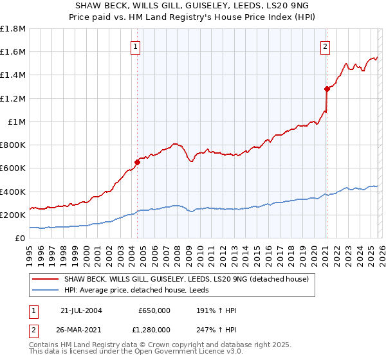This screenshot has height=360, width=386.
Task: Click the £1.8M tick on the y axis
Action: [x=13, y=29]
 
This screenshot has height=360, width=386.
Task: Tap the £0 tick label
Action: [x=21, y=238]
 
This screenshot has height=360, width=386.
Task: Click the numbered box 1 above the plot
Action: [x=136, y=46]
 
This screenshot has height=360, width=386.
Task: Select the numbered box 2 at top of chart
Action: [x=326, y=46]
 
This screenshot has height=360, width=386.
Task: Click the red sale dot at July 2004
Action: [x=137, y=162]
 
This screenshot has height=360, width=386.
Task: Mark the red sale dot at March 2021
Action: [x=327, y=89]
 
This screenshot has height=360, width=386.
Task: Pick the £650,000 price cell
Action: [x=154, y=309]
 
